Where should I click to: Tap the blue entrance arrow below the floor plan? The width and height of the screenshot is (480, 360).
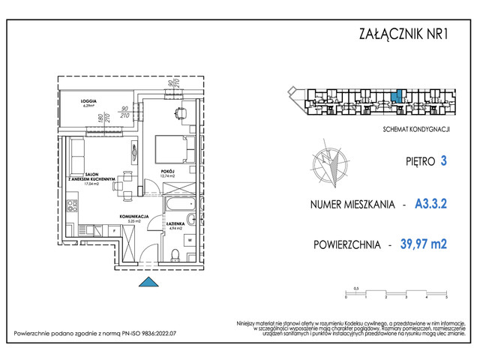(150, 282)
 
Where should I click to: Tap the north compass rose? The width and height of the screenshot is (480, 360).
(328, 165)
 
